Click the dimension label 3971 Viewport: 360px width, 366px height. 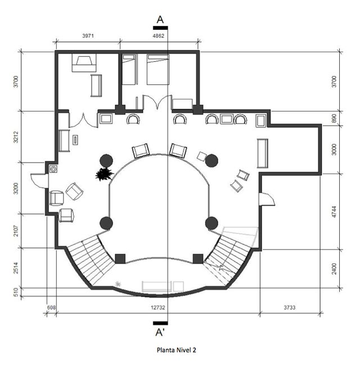(x=88, y=35)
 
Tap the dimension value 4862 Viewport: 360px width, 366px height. (x=158, y=35)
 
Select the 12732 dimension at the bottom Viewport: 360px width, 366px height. (x=158, y=307)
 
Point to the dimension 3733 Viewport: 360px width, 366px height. (x=289, y=307)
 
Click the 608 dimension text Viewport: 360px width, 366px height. (x=51, y=307)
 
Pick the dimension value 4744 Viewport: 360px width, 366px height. (x=334, y=212)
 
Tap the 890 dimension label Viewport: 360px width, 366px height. (x=334, y=118)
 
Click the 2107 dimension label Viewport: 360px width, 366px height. (x=16, y=231)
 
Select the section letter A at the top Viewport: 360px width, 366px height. (x=160, y=20)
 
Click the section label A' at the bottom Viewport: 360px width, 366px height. (x=160, y=332)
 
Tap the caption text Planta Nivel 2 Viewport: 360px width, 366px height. (x=176, y=350)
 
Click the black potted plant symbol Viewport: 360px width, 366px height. (x=104, y=174)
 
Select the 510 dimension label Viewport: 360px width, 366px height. (x=16, y=292)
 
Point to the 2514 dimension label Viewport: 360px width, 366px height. (x=16, y=268)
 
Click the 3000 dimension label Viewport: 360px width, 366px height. (x=334, y=150)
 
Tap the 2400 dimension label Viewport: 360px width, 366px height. (x=334, y=269)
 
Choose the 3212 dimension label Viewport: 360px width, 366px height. (x=16, y=137)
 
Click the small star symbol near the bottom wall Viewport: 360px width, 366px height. (x=118, y=284)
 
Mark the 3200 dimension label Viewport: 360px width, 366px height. (x=16, y=189)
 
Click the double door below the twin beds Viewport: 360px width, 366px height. (x=157, y=102)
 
